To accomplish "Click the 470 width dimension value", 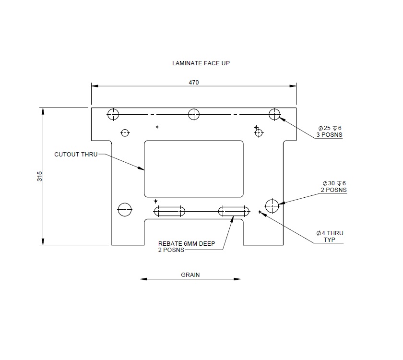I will pyautogui.click(x=193, y=83).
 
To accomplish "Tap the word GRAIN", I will pyautogui.click(x=190, y=275).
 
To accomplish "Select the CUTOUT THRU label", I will pyautogui.click(x=76, y=154).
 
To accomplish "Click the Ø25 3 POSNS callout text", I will pyautogui.click(x=329, y=131).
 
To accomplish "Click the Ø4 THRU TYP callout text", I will pyautogui.click(x=330, y=236).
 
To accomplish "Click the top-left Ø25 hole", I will pyautogui.click(x=113, y=114).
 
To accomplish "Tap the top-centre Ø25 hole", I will pyautogui.click(x=194, y=114).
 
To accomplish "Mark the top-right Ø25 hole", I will pyautogui.click(x=274, y=114).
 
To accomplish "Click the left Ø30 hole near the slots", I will pyautogui.click(x=125, y=209).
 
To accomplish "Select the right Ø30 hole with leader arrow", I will pyautogui.click(x=272, y=205).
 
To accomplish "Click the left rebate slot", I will pyautogui.click(x=170, y=211).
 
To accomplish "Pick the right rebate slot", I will pyautogui.click(x=234, y=211).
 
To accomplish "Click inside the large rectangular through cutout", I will pyautogui.click(x=194, y=168).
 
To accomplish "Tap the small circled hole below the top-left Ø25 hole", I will pyautogui.click(x=125, y=132).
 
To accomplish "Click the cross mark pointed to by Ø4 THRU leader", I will pyautogui.click(x=260, y=212).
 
